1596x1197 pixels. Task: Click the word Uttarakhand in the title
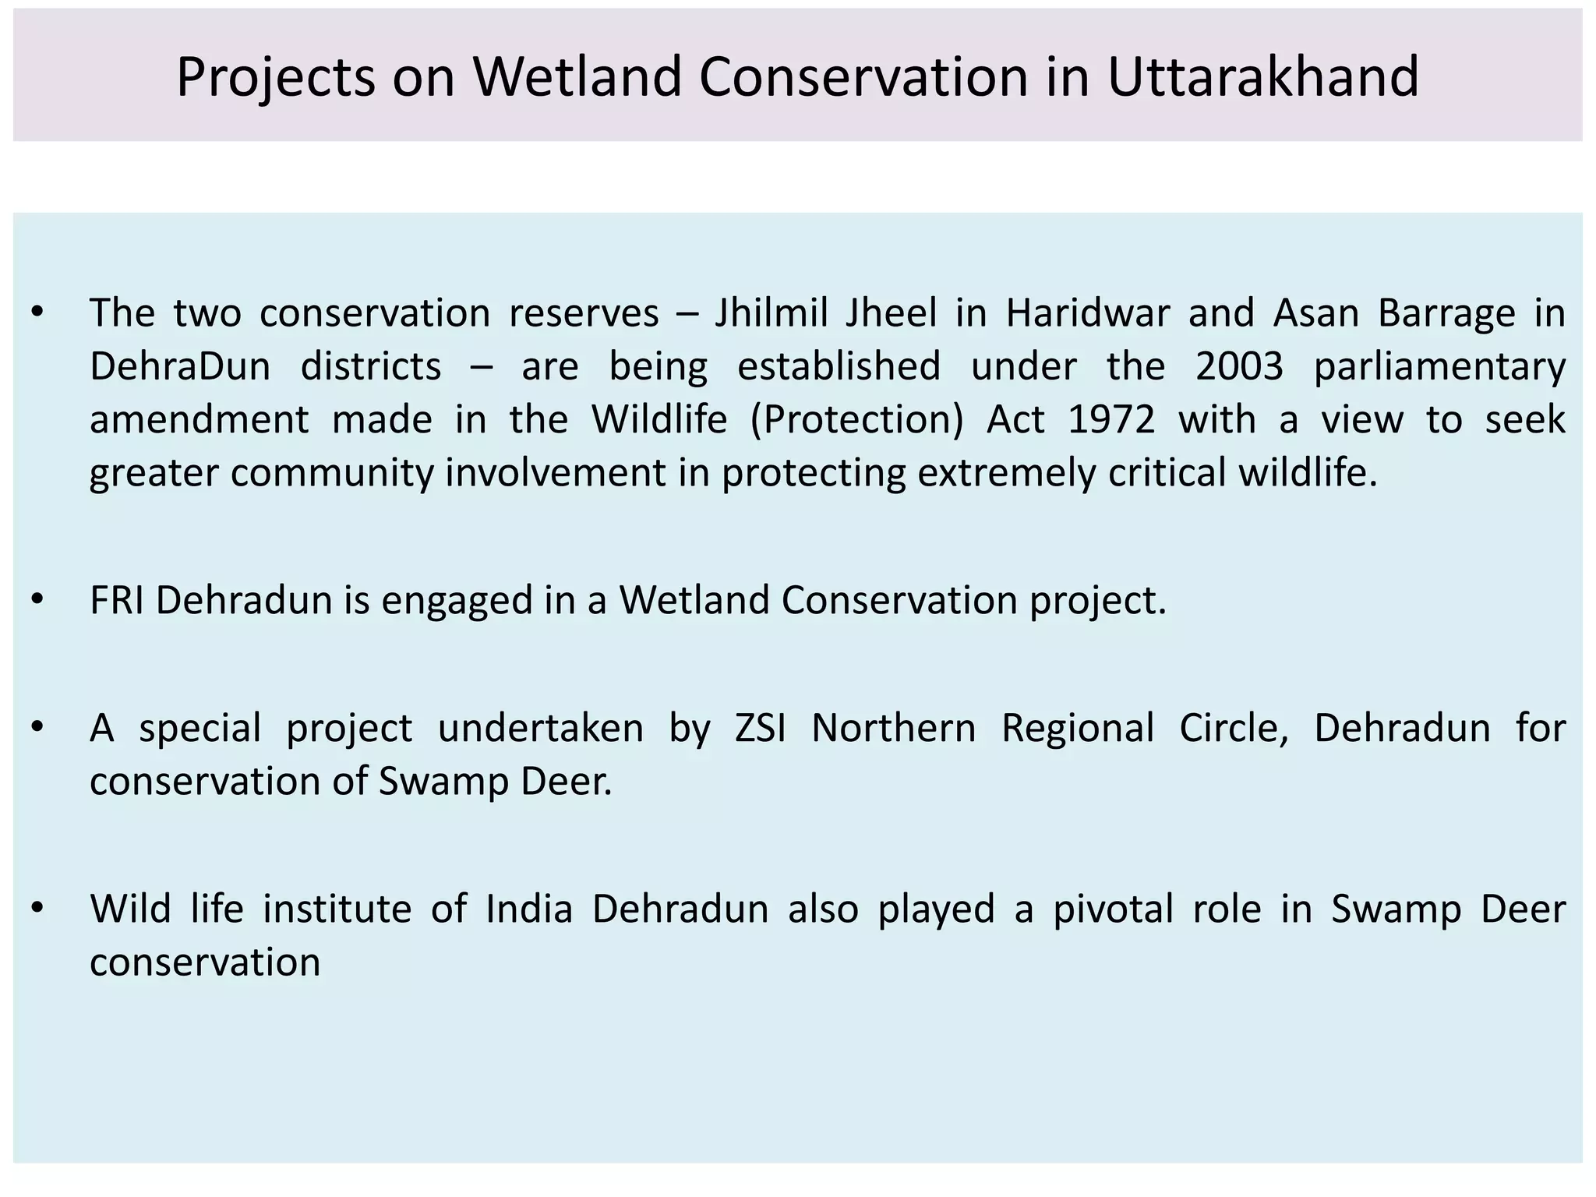click(x=1262, y=76)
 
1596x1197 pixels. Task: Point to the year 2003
click(x=1239, y=366)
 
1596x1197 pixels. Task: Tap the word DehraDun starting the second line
click(x=180, y=366)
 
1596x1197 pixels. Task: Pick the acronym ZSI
click(x=761, y=728)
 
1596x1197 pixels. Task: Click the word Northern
click(x=893, y=728)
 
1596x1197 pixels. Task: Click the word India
click(x=529, y=909)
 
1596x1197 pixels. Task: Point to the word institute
click(x=337, y=909)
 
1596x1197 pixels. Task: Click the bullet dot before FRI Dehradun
click(x=37, y=600)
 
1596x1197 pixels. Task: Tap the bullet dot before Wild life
click(x=37, y=909)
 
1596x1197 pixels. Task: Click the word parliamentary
click(x=1439, y=366)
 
